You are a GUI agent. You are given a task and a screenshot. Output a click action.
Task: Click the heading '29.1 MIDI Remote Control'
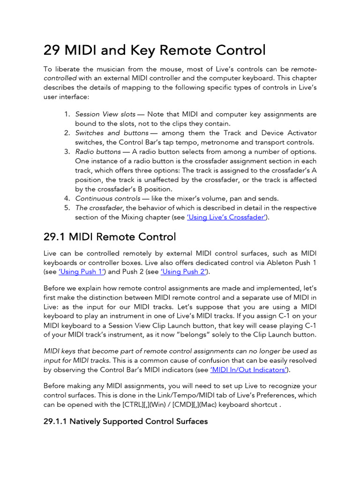[x=109, y=237]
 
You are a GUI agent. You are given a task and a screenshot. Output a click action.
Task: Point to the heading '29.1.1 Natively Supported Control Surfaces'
[x=125, y=421]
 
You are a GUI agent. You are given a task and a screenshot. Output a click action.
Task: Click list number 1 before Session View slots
[x=67, y=114]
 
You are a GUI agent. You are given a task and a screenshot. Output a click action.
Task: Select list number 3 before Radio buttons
[x=67, y=152]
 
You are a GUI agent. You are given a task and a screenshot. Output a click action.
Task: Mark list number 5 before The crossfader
[x=67, y=208]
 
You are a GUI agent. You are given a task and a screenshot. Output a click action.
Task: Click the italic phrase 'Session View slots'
[x=105, y=114]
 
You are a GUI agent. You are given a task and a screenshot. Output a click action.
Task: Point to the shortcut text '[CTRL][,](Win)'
[x=145, y=405]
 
